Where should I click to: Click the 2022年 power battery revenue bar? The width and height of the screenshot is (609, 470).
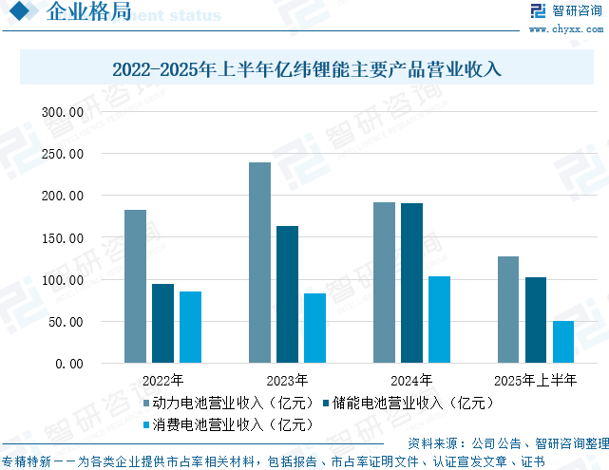click(135, 286)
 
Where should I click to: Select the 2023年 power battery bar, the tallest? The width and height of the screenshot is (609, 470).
click(259, 262)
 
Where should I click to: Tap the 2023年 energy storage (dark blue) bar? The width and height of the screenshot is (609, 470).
click(287, 294)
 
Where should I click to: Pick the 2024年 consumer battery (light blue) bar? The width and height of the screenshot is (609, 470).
click(439, 319)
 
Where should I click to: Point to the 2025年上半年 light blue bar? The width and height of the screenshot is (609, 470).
click(563, 342)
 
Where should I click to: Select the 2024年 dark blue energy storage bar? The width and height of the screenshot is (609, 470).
click(411, 283)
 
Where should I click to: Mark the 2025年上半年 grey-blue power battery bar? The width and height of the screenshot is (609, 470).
click(508, 310)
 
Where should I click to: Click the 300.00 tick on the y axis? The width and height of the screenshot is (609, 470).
click(65, 112)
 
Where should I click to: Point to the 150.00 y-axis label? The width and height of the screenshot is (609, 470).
click(65, 237)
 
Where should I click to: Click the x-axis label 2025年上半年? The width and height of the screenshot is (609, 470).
click(536, 381)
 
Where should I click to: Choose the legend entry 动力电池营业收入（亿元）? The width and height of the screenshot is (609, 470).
click(227, 403)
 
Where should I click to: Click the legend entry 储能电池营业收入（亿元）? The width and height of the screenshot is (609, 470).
click(409, 403)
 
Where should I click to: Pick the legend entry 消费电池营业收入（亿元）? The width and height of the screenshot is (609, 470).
click(227, 424)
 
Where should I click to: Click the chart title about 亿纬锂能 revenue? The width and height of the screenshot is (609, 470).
click(306, 69)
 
